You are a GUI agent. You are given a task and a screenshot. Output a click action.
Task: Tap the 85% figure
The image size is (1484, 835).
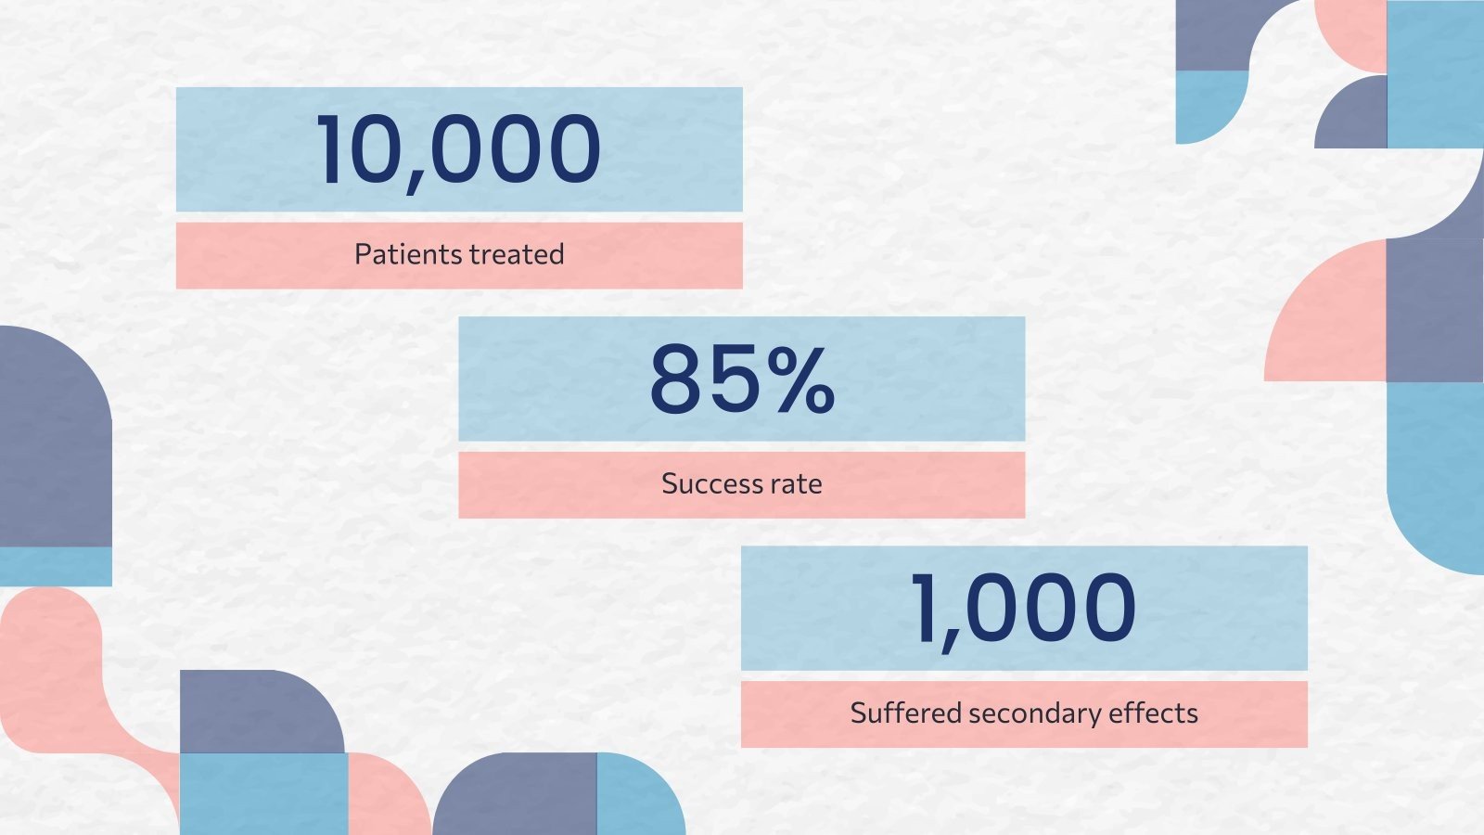(742, 379)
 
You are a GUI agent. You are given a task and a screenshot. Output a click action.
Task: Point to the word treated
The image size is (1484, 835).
(517, 254)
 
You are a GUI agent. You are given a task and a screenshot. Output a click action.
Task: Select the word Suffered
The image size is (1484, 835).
(905, 713)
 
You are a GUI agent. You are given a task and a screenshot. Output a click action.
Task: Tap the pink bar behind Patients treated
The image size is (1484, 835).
(459, 255)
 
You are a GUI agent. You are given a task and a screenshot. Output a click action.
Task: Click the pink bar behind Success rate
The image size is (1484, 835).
(742, 485)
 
